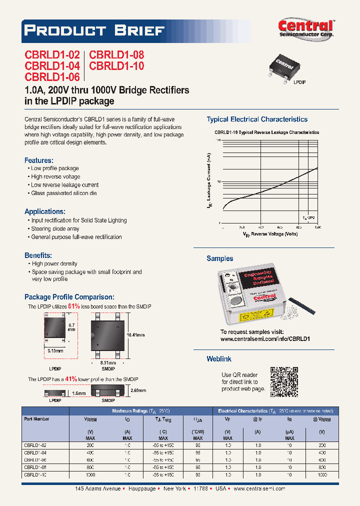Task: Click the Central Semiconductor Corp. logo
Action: (x=306, y=29)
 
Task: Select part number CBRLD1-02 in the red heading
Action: (x=52, y=55)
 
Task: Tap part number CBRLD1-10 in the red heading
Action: (x=116, y=66)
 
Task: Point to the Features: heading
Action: (x=38, y=160)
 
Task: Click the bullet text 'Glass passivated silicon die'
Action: (x=63, y=193)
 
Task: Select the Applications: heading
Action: (x=44, y=211)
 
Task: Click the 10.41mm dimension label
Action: (x=136, y=334)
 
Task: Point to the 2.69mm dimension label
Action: (x=138, y=390)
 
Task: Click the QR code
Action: (x=284, y=381)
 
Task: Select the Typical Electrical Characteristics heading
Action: (x=257, y=119)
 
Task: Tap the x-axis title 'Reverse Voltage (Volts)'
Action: (x=273, y=234)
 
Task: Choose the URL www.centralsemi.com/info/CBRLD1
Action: (x=265, y=338)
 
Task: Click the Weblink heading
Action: (x=219, y=359)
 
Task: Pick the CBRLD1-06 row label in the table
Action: (x=35, y=459)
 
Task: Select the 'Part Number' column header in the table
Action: (x=36, y=419)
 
